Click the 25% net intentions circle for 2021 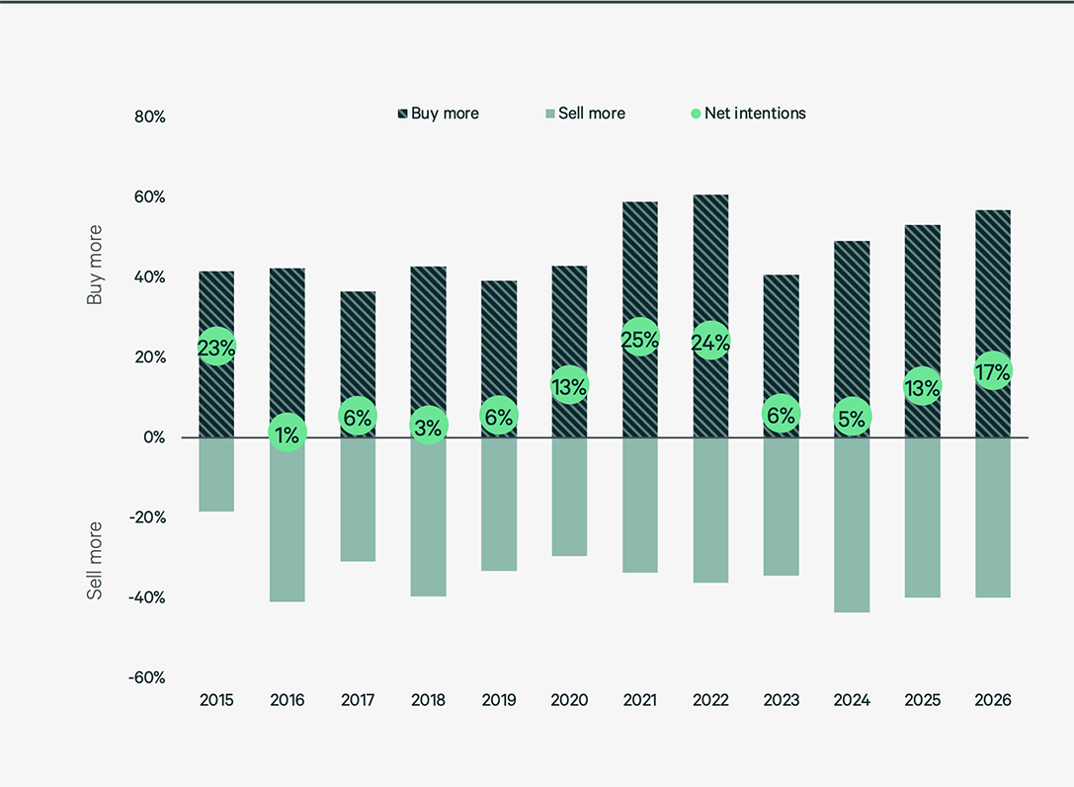640,338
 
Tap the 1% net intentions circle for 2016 287,433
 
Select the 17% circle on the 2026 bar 992,371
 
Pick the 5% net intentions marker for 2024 851,419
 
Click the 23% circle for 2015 216,347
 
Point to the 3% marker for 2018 428,425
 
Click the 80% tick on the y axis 149,117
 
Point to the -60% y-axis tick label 146,677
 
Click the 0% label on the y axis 153,437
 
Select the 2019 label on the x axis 499,700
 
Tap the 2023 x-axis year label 781,700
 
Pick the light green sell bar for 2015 216,475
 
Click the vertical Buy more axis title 95,265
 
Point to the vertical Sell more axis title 95,560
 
